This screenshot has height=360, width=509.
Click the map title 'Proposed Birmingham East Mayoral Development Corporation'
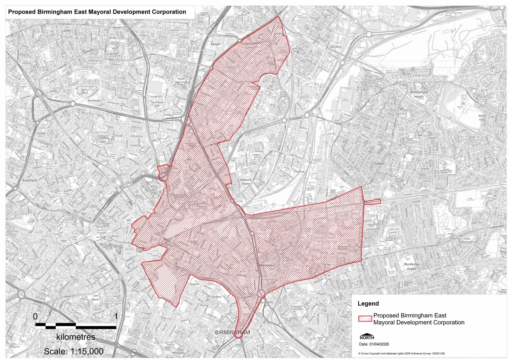[97, 12]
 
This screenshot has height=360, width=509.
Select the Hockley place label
[41, 133]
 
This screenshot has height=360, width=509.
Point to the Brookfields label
[30, 180]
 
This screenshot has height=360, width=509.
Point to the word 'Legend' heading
[368, 304]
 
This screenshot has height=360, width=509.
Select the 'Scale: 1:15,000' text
[74, 352]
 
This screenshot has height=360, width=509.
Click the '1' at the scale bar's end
[116, 317]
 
